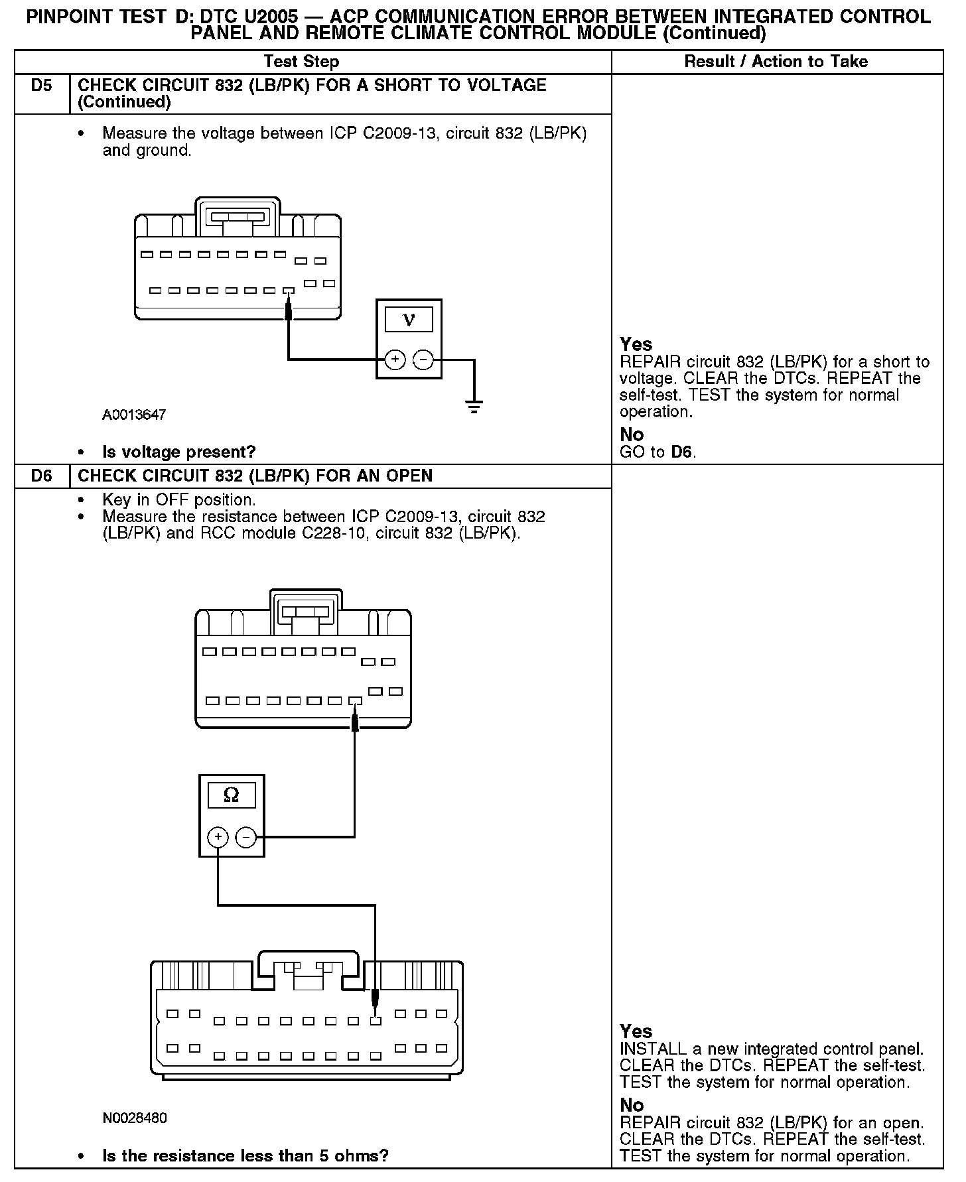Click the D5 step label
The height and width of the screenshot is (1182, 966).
(x=41, y=86)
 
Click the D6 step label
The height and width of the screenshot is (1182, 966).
(x=41, y=476)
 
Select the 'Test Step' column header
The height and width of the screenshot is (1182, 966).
(x=301, y=62)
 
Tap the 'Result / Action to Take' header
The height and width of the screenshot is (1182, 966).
(x=776, y=62)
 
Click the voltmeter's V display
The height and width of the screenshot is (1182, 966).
(x=409, y=320)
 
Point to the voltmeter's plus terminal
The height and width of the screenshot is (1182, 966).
(x=395, y=360)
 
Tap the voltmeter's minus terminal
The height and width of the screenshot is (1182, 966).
(x=423, y=360)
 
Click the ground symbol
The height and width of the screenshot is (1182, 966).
(x=474, y=406)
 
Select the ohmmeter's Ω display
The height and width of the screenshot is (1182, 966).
(x=232, y=795)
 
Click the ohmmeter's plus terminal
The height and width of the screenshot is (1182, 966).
(x=218, y=838)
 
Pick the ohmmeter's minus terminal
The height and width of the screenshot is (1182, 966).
(x=246, y=838)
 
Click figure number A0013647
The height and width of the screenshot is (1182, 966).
(x=134, y=415)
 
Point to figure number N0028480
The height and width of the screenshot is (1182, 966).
(x=135, y=1118)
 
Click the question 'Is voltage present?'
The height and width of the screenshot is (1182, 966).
(x=178, y=452)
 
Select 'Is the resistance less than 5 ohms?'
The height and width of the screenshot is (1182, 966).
(x=245, y=1155)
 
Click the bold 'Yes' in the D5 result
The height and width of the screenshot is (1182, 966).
(x=636, y=344)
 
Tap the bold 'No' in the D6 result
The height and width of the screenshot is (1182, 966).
(x=632, y=1104)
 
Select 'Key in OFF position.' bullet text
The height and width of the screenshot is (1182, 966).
(x=179, y=499)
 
